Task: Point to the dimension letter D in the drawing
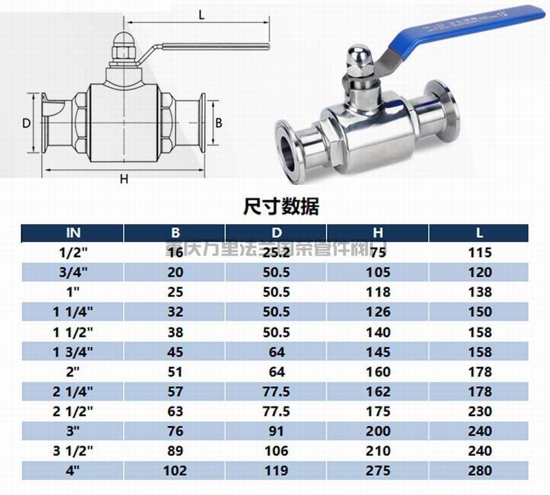pyautogui.click(x=25, y=123)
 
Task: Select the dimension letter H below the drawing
pyautogui.click(x=124, y=180)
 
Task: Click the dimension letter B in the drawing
pyautogui.click(x=219, y=123)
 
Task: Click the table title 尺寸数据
pyautogui.click(x=281, y=206)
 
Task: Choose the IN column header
pyautogui.click(x=74, y=232)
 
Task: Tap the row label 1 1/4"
pyautogui.click(x=74, y=311)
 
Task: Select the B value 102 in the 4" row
pyautogui.click(x=175, y=471)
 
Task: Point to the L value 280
pyautogui.click(x=479, y=471)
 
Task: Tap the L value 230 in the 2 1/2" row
pyautogui.click(x=479, y=411)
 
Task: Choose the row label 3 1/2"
pyautogui.click(x=74, y=451)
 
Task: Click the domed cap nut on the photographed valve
pyautogui.click(x=358, y=58)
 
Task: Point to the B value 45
pyautogui.click(x=175, y=351)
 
